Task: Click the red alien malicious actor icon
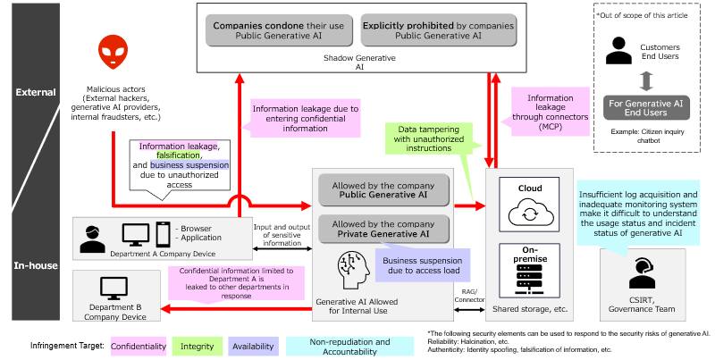point(113,54)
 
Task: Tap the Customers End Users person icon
point(617,50)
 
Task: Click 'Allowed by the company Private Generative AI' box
point(383,229)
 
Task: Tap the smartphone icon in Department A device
point(164,235)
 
